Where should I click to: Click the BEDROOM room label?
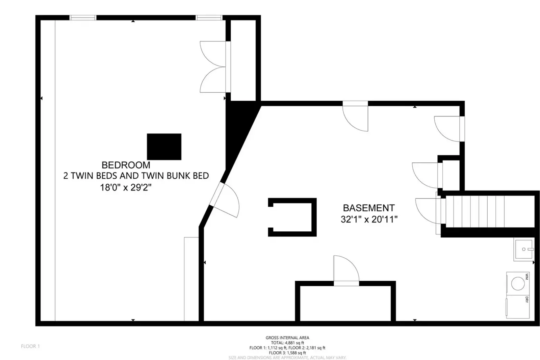pyautogui.click(x=126, y=165)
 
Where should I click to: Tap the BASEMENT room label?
pyautogui.click(x=368, y=208)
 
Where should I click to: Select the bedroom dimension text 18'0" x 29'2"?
pyautogui.click(x=126, y=187)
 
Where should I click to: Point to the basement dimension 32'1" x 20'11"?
pyautogui.click(x=369, y=220)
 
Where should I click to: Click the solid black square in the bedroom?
pyautogui.click(x=164, y=147)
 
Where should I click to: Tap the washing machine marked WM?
pyautogui.click(x=518, y=283)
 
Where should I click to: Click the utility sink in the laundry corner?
pyautogui.click(x=523, y=250)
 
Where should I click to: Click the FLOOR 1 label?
pyautogui.click(x=30, y=346)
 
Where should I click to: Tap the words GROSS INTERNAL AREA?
pyautogui.click(x=287, y=337)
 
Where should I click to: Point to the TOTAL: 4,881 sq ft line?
pyautogui.click(x=287, y=342)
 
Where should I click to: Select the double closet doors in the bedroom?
pyautogui.click(x=213, y=67)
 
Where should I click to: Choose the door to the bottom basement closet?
pyautogui.click(x=345, y=270)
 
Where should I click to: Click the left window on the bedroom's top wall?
pyautogui.click(x=83, y=18)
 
